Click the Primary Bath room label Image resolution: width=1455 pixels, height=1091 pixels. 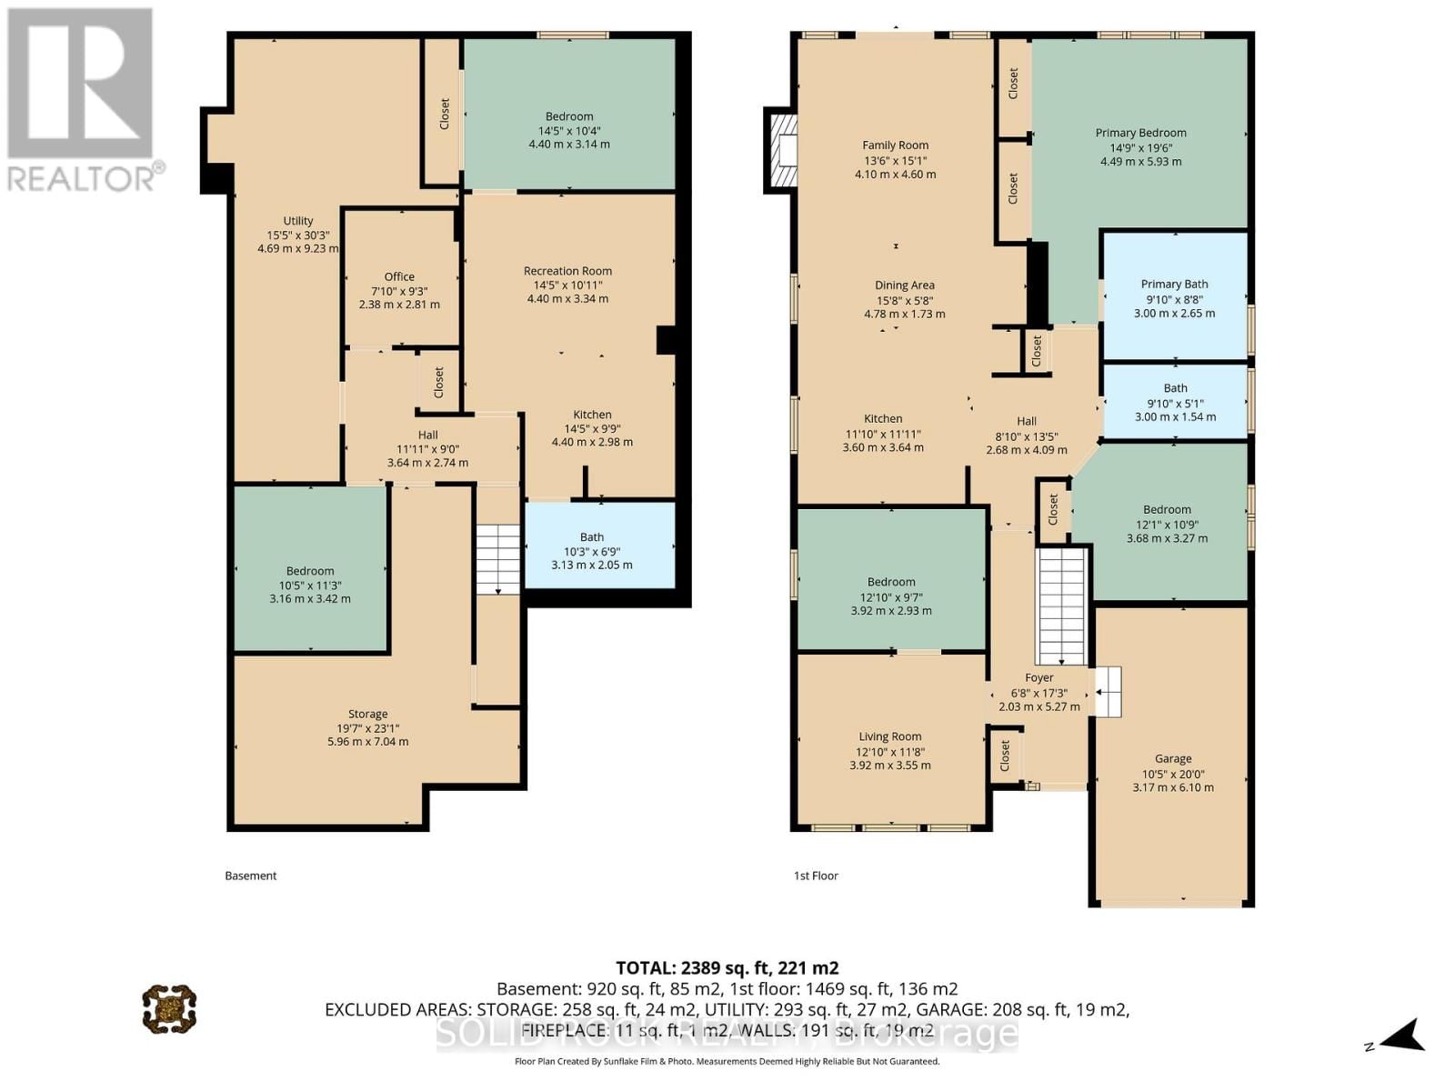coord(1174,285)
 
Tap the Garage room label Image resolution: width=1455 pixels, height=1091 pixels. coord(1172,758)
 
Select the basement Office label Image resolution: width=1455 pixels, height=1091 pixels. coord(399,277)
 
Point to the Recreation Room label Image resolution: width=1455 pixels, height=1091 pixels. coord(567,271)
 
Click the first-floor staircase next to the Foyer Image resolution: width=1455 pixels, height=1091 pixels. coord(1062,605)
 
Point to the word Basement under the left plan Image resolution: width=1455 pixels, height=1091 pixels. coord(251,876)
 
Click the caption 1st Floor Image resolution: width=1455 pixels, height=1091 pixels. coord(816,876)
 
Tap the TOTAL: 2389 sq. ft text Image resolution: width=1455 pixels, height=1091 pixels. coord(727,967)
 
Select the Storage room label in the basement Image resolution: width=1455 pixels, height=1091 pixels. coord(367,714)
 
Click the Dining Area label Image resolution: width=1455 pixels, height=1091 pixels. coord(904,285)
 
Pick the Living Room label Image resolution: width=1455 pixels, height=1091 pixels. coord(889,736)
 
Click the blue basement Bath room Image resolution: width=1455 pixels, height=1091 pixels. coord(600,545)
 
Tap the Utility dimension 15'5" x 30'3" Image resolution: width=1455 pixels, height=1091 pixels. coord(298,235)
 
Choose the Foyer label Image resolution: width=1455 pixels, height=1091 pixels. coord(1039,677)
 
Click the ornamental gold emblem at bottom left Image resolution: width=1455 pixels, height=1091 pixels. coord(169,1007)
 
